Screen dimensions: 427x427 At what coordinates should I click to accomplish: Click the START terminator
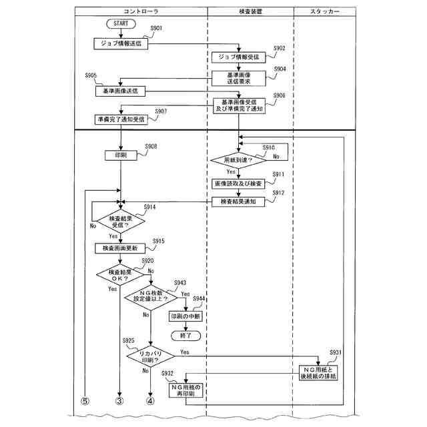pos(121,23)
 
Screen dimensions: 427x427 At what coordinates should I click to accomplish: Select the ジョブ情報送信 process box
pos(121,42)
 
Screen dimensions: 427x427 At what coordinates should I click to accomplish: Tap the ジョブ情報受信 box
pos(238,57)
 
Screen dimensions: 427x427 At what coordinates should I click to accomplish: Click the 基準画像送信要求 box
pos(238,78)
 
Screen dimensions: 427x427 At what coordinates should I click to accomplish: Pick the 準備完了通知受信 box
pos(121,119)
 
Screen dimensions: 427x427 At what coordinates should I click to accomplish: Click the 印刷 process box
pos(121,155)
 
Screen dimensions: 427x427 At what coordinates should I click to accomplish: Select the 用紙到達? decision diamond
pos(238,160)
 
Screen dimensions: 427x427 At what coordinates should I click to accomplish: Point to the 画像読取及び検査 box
pos(238,182)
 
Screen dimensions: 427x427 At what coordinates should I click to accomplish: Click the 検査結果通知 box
pos(238,201)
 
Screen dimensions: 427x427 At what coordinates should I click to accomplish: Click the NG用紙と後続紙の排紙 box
pos(319,374)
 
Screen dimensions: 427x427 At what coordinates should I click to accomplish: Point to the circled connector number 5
pos(85,401)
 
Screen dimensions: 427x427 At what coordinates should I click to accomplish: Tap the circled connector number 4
pos(150,401)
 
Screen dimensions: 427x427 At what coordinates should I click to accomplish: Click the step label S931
pos(336,352)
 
